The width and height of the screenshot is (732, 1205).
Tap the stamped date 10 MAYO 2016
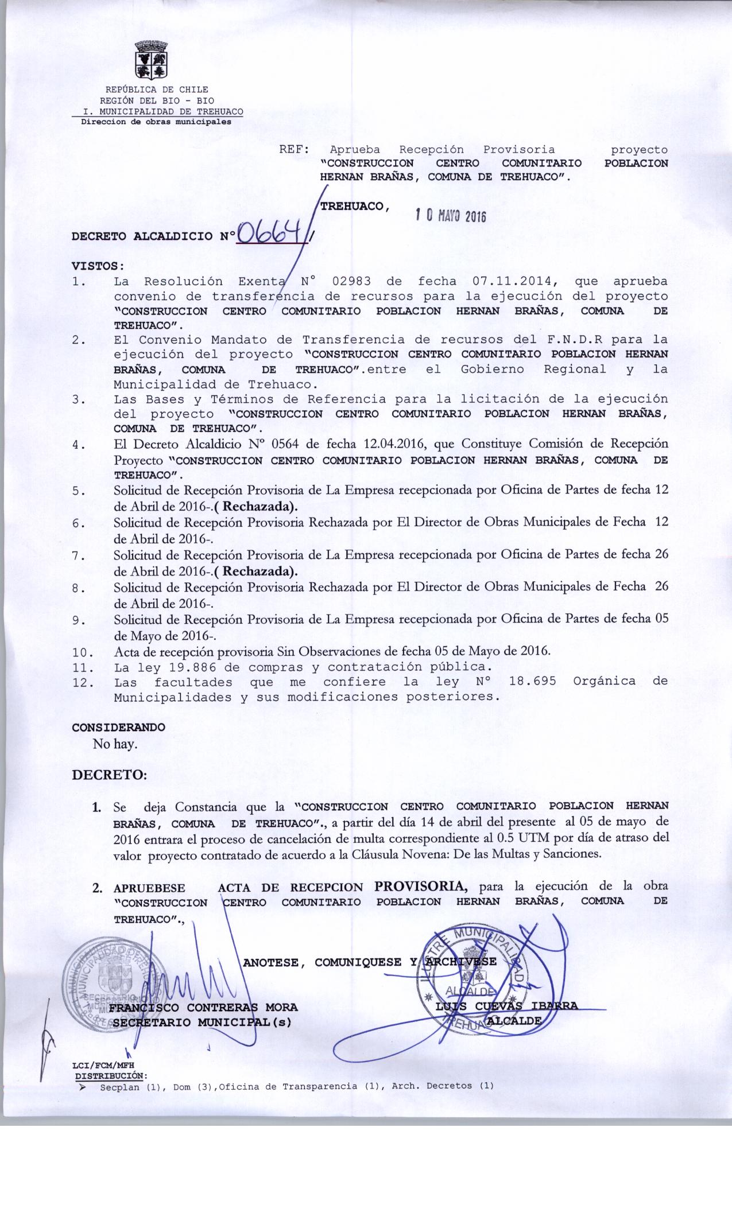click(x=451, y=216)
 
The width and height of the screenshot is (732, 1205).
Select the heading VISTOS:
click(x=98, y=266)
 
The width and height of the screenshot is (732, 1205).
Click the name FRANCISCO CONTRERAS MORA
click(x=204, y=1007)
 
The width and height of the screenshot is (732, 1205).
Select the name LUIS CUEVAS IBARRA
click(x=507, y=1005)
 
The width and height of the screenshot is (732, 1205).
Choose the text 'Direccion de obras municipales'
click(x=156, y=122)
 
